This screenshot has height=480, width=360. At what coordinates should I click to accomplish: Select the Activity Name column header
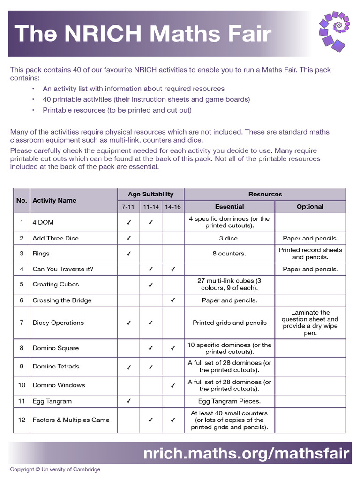click(x=54, y=200)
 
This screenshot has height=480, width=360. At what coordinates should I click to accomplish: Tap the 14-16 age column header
click(x=172, y=206)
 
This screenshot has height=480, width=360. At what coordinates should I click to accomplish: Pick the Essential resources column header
click(x=229, y=206)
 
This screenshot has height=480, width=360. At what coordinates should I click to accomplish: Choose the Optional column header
click(x=310, y=206)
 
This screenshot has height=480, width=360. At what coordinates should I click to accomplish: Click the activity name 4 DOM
click(x=43, y=222)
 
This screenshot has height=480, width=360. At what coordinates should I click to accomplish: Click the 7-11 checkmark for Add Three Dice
click(x=128, y=238)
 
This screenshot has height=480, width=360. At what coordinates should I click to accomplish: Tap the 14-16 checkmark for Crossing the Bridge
click(x=172, y=300)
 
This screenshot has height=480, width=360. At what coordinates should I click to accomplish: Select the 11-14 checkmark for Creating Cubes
click(x=150, y=285)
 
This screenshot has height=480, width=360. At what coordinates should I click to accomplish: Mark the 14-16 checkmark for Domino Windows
click(x=172, y=385)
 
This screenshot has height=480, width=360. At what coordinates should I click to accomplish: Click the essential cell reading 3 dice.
click(x=229, y=238)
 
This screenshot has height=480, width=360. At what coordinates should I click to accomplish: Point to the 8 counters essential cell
click(x=229, y=254)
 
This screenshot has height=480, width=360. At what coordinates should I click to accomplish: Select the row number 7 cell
click(x=22, y=322)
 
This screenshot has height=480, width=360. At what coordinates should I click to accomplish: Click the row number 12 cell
click(x=22, y=420)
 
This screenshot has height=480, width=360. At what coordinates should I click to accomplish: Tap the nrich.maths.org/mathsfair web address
click(x=246, y=453)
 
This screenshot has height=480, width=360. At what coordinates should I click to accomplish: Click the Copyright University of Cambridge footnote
click(x=55, y=469)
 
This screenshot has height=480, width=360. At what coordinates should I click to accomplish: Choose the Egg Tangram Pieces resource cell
click(x=229, y=401)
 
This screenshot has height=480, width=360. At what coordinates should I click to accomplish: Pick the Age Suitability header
click(x=150, y=194)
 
